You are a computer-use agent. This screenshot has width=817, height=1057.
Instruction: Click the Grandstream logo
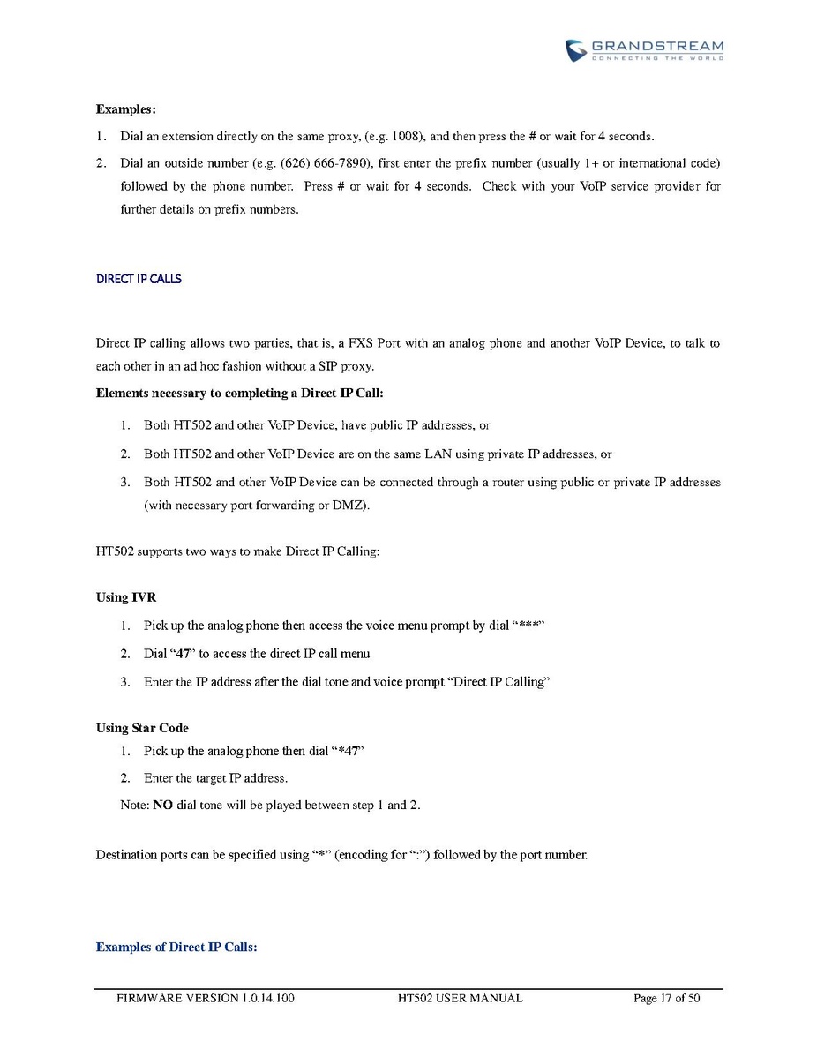point(644,49)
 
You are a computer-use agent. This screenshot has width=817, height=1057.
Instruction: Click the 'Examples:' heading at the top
point(125,109)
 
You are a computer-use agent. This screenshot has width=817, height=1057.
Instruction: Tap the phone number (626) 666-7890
point(330,164)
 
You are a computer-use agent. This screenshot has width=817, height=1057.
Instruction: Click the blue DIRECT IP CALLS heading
point(139,279)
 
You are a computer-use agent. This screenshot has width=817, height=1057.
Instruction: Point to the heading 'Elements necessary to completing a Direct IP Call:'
point(239,393)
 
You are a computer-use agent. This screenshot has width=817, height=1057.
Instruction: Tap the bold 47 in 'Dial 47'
point(184,654)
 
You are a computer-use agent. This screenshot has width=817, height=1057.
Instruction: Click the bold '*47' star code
point(349,751)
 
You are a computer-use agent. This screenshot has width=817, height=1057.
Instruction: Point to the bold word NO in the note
point(163,805)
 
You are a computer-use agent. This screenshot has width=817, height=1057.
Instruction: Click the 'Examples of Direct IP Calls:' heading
point(176,947)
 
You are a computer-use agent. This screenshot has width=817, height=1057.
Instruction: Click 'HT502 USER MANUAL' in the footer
point(461,998)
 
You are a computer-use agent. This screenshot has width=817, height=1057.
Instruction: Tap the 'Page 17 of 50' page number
point(666,998)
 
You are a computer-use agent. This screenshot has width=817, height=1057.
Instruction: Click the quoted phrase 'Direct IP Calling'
point(501,682)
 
